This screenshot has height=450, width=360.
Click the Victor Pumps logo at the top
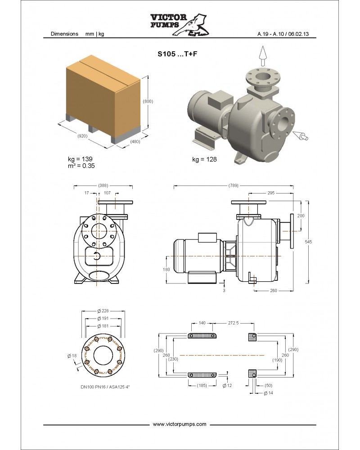click(x=180, y=25)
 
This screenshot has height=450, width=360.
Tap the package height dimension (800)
click(x=148, y=101)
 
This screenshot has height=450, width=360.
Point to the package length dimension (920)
click(x=82, y=135)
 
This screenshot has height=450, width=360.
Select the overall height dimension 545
click(x=309, y=242)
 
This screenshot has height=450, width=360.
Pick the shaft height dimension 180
click(x=166, y=270)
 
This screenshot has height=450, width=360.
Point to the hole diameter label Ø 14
click(x=267, y=393)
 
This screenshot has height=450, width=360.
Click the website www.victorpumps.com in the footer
click(x=180, y=424)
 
